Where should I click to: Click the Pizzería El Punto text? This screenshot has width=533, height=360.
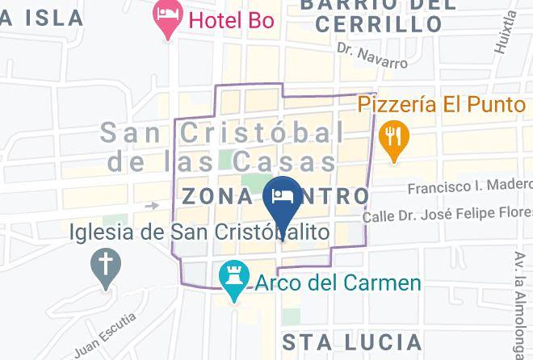(443, 104)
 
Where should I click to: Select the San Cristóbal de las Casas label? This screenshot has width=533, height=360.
(223, 146)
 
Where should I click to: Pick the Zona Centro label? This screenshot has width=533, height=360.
(275, 196)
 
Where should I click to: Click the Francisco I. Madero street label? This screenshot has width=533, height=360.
(469, 186)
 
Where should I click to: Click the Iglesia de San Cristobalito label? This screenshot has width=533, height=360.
(199, 232)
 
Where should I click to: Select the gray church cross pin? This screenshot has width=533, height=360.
(104, 266)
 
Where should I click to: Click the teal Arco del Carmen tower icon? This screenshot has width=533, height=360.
(234, 279)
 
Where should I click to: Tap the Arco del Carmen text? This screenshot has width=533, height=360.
(338, 283)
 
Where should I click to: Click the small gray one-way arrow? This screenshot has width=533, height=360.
(151, 206)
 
